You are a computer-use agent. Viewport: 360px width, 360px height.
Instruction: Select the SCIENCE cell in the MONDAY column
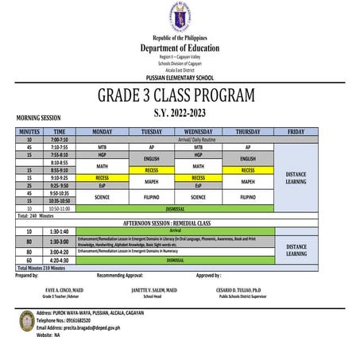point(102,196)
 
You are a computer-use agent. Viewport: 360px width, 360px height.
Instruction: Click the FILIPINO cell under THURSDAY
point(247,196)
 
